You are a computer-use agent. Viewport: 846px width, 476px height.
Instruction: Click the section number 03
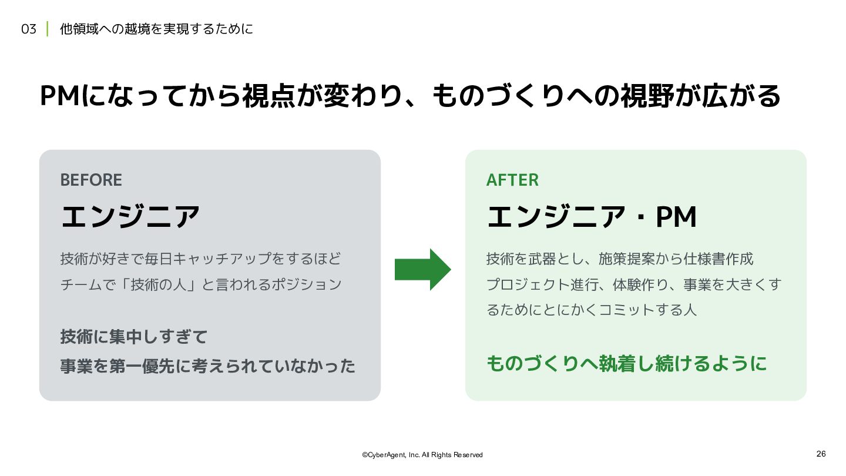click(x=28, y=29)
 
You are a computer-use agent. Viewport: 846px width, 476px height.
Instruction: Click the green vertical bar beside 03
click(x=47, y=29)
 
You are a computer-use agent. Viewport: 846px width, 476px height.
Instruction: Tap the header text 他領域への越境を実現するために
click(x=156, y=29)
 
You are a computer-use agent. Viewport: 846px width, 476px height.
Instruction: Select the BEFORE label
click(x=91, y=180)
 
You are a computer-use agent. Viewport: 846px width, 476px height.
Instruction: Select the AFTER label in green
click(x=512, y=180)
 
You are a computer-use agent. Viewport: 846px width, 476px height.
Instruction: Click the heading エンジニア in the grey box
click(x=130, y=217)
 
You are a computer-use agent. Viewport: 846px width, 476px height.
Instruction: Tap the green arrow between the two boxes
click(x=422, y=269)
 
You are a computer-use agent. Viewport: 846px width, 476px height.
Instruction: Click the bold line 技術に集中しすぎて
click(x=134, y=337)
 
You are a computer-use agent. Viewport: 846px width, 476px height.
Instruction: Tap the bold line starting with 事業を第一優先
click(x=208, y=366)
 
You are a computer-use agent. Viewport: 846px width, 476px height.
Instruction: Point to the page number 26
click(x=821, y=454)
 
